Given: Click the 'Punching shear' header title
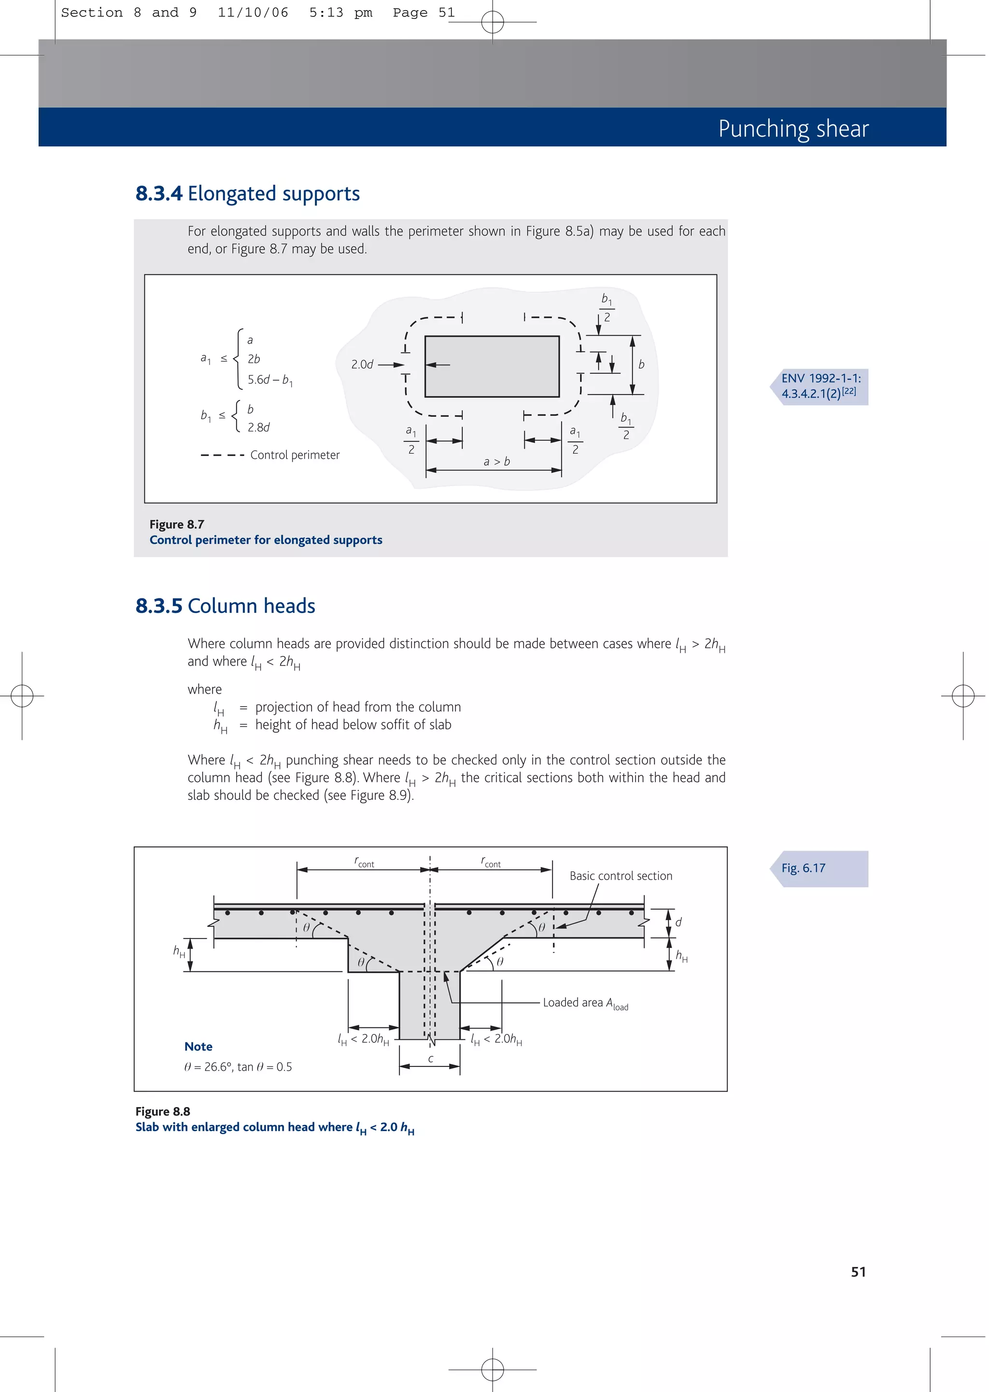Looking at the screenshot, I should pos(793,128).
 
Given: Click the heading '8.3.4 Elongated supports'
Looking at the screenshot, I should pos(247,194).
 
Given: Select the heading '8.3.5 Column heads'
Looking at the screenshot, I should pos(226,606).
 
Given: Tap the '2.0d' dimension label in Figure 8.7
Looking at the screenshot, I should pos(362,365).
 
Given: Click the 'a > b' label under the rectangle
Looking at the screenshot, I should pos(496,462).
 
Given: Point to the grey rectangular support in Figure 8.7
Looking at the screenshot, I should pos(492,367).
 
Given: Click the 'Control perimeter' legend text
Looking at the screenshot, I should pos(295,455).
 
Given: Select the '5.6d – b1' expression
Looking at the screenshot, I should pos(270,380).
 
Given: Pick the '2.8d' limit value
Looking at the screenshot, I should pos(258,427).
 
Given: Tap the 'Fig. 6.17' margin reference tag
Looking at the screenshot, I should pos(804,868).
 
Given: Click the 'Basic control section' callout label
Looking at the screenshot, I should pos(621,876).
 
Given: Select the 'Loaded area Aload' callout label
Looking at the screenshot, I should pos(585,1003).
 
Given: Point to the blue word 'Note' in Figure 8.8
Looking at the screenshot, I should pos(198,1047).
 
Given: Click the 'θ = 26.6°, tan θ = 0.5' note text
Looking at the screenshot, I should pos(238,1067).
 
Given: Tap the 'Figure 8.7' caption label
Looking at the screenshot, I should pos(177,524).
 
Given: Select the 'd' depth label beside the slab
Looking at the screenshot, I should pos(678,922).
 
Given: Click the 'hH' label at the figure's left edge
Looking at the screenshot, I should pos(178,951).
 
